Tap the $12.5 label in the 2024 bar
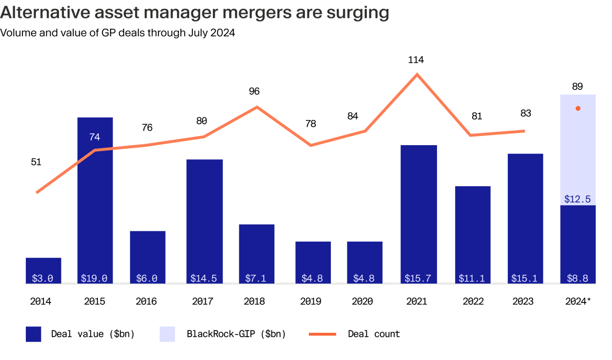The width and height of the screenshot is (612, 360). [577, 199]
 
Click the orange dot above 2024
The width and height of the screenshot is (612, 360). [578, 108]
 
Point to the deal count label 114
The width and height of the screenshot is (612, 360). [416, 60]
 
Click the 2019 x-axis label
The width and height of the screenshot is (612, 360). [310, 302]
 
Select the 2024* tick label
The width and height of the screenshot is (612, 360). [578, 302]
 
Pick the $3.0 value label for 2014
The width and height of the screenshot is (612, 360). [43, 279]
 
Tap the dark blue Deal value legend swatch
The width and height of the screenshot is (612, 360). [34, 334]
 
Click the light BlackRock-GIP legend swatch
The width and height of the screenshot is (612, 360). [167, 334]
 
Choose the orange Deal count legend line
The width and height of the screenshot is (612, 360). [322, 334]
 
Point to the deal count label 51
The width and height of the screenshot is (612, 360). [36, 162]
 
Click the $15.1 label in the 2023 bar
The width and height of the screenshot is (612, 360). [524, 279]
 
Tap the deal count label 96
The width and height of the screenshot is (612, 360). [254, 91]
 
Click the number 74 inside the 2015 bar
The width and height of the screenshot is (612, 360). [95, 137]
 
